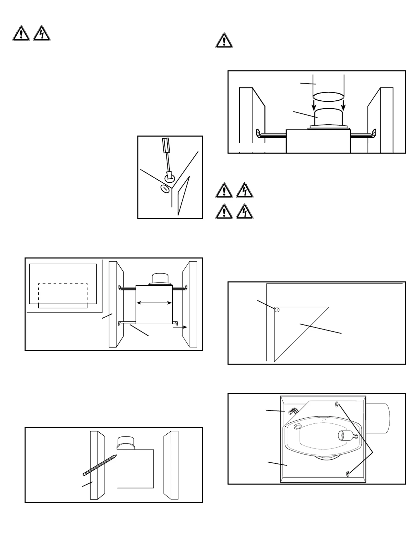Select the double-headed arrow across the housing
pos(154,303)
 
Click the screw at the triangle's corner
pos(277,310)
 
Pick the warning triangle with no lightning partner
pos(224,41)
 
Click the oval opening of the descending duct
pos(328,97)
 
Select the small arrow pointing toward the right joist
pos(180,327)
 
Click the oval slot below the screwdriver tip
pos(165,189)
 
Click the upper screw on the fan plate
pos(337,404)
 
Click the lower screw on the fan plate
pos(348,474)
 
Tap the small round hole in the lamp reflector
pos(297,426)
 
